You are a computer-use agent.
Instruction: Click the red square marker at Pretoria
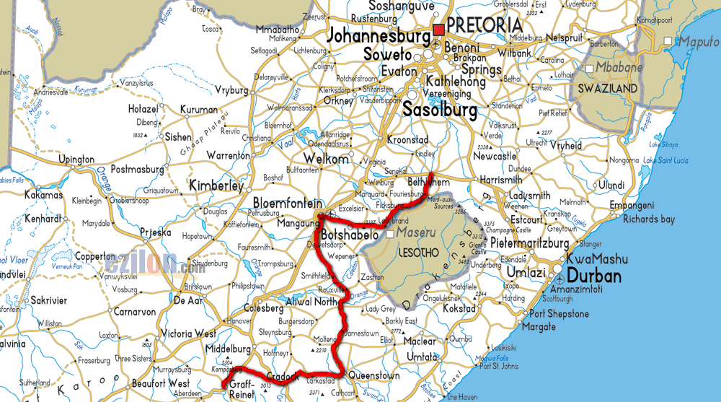pos(438,30)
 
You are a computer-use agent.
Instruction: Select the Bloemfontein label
pos(287,204)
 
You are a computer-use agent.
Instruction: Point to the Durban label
pos(594,276)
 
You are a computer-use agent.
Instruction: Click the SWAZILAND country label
pos(607,89)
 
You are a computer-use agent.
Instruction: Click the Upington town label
pos(76,159)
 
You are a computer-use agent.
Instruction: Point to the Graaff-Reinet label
pos(242,390)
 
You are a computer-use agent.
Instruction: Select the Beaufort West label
pos(160,383)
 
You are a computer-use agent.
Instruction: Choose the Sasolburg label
pos(440,110)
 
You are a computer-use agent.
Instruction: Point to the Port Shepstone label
pos(559,314)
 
